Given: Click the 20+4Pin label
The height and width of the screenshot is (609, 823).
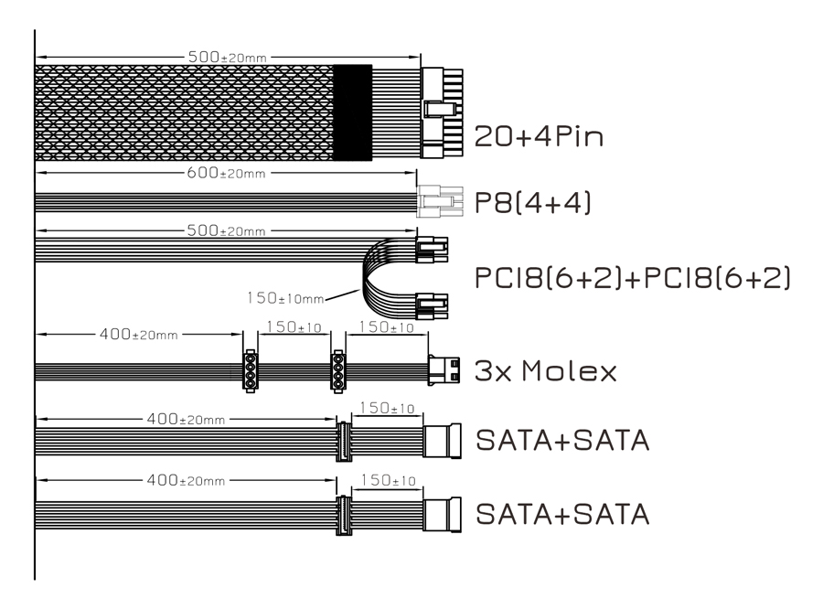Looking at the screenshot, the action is [x=539, y=136].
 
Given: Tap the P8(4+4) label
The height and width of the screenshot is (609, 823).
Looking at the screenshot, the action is [x=532, y=202].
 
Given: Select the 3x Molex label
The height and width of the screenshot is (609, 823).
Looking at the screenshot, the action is [x=545, y=370].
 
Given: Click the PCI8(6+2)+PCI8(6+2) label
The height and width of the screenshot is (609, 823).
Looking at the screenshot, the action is [x=632, y=278].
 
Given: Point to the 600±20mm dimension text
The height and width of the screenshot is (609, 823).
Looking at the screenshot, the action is [x=226, y=173].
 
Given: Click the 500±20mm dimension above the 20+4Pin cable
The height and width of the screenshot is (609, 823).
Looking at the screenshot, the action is [x=228, y=57].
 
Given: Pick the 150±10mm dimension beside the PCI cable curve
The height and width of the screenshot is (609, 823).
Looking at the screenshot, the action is [x=285, y=298].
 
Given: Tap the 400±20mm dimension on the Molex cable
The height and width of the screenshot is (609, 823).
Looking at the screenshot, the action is [x=139, y=334].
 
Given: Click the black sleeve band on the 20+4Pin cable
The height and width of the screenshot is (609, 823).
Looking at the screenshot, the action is [x=353, y=112].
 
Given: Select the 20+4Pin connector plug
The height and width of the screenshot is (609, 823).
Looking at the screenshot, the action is [x=442, y=112].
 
